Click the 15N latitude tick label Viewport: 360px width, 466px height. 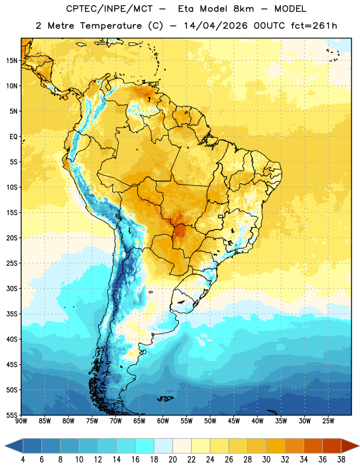point(12,61)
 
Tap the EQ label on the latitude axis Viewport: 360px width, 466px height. point(13,137)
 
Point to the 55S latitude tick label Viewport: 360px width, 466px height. point(12,415)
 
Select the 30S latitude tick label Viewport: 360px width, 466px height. point(12,288)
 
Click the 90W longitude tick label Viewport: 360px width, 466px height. point(21,421)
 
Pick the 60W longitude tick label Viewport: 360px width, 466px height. point(163,421)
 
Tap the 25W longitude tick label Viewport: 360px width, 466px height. point(328,421)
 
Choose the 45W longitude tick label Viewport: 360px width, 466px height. point(234,421)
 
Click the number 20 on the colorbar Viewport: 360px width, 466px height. point(172,460)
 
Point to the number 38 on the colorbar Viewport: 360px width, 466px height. point(341,460)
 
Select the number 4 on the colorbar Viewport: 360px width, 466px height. point(23,460)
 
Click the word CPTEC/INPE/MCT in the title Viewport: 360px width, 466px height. point(109,9)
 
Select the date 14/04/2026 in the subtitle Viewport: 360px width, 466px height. point(216,26)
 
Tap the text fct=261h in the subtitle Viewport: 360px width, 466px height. point(314,26)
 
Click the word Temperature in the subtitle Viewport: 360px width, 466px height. point(111,26)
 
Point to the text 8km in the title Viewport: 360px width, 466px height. point(243,9)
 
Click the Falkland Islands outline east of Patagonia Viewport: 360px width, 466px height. point(165,398)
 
